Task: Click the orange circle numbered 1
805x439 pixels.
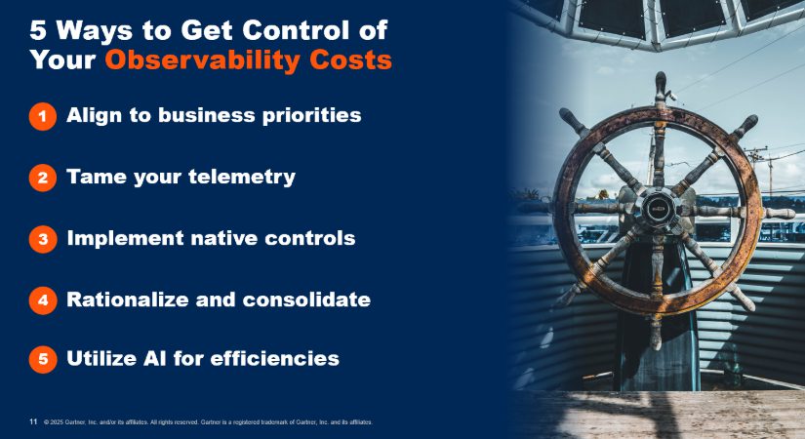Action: point(43,116)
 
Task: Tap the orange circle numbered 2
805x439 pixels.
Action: point(43,178)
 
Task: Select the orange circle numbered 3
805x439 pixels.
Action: point(43,239)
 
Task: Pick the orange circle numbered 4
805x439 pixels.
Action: point(43,300)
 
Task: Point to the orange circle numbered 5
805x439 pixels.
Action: point(43,359)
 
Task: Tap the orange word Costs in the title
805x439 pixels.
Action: point(350,60)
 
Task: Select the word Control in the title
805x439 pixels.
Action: point(296,30)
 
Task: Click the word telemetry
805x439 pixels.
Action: point(242,178)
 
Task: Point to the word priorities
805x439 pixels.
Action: point(311,116)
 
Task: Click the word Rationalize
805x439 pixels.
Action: point(127,299)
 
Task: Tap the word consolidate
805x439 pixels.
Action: point(306,299)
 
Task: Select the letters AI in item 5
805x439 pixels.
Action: point(155,358)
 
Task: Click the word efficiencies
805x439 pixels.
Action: point(274,358)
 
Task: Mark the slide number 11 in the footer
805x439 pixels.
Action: point(33,421)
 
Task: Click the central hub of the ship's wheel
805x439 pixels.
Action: point(659,209)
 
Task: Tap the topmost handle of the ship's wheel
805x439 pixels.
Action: point(661,87)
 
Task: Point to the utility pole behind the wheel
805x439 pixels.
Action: point(770,172)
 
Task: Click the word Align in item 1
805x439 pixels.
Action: point(95,116)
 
